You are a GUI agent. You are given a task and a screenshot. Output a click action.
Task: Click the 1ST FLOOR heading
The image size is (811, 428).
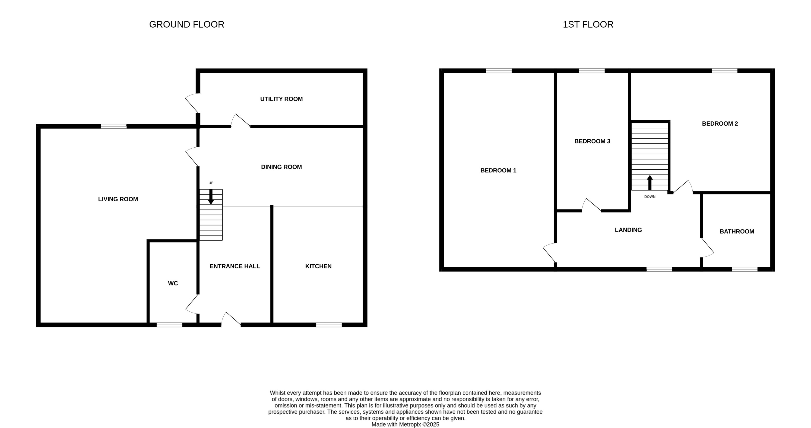click(x=588, y=24)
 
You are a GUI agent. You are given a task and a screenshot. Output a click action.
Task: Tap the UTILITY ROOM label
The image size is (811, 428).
click(x=281, y=99)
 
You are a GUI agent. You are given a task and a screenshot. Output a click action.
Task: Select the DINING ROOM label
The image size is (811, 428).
click(x=281, y=167)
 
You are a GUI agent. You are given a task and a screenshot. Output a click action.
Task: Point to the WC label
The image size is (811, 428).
click(x=173, y=283)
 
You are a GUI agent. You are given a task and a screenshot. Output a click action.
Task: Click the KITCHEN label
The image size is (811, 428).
click(x=318, y=266)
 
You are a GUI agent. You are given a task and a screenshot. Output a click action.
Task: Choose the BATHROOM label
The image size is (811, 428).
click(x=737, y=231)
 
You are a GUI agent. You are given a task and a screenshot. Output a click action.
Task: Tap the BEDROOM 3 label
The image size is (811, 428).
click(x=592, y=141)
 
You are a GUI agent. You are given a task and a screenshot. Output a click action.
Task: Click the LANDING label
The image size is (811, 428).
click(x=628, y=230)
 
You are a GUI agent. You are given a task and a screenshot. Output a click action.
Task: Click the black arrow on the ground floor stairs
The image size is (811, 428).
click(x=211, y=197)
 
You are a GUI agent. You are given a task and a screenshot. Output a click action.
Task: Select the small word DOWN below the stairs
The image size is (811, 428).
click(x=649, y=197)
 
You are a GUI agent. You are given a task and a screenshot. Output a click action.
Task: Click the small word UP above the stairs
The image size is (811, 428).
click(x=211, y=183)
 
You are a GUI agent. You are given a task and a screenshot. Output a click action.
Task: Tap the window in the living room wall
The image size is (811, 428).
click(x=114, y=126)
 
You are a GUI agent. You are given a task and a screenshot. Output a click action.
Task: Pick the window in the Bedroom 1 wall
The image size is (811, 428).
click(x=499, y=71)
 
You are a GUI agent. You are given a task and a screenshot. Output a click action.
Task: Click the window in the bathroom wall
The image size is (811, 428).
click(x=744, y=269)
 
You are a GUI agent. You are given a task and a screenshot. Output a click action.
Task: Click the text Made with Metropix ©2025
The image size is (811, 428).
click(x=405, y=425)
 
